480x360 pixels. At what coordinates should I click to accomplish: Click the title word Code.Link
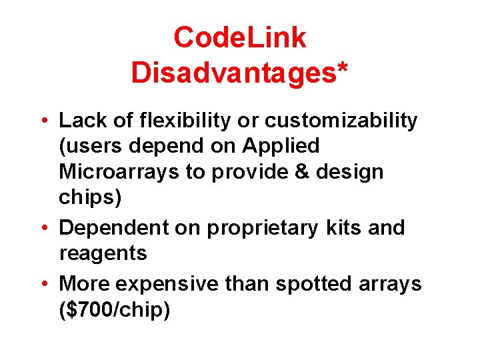point(239,38)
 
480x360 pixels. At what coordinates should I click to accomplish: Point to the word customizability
point(341,121)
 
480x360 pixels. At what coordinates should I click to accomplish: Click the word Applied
point(283,145)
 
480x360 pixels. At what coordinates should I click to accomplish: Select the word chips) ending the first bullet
point(88,198)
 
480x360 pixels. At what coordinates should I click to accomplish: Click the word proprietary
point(262,227)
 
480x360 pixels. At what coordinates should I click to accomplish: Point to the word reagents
point(103,253)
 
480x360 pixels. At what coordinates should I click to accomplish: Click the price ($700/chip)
point(115,310)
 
